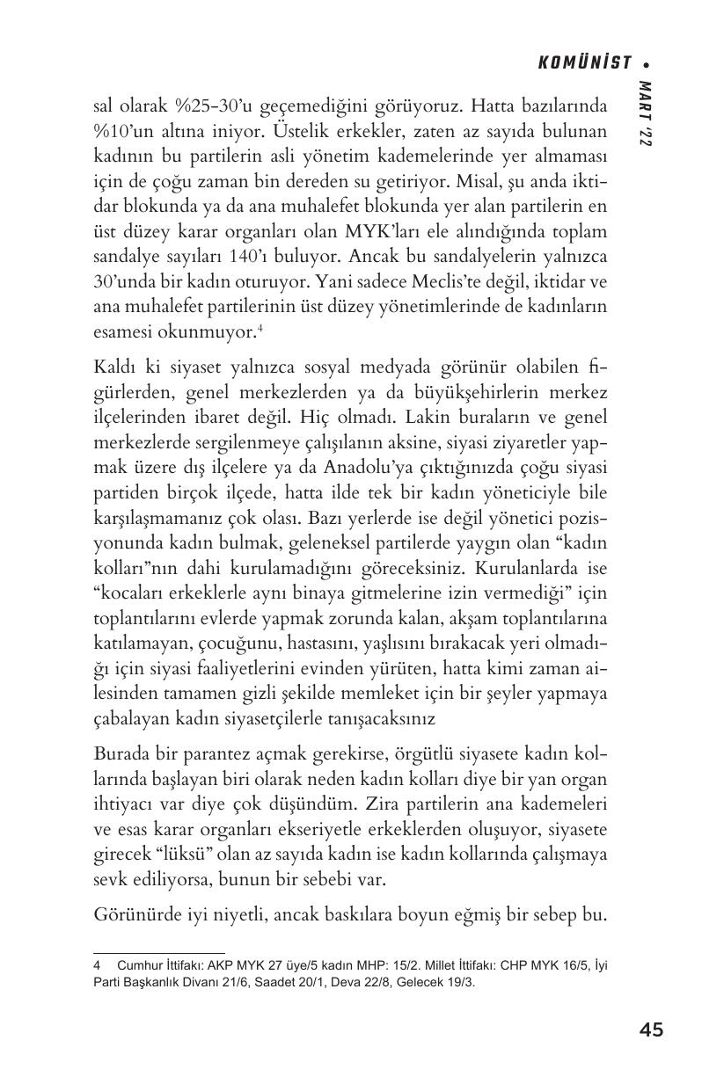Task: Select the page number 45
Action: (x=651, y=1029)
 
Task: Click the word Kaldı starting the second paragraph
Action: (x=115, y=368)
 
